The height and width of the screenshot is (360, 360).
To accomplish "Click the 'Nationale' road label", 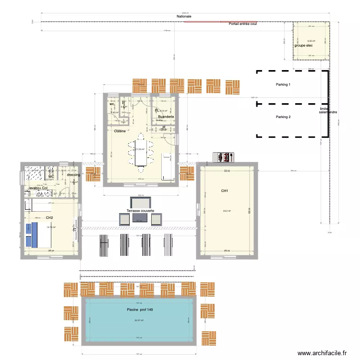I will [x=184, y=16].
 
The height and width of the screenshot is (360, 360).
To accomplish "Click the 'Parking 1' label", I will [x=283, y=84].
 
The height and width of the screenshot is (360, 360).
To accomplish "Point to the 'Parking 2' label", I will [x=283, y=117].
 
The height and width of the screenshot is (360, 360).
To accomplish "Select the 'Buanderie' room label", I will [x=166, y=117].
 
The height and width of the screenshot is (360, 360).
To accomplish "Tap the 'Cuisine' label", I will [x=120, y=131].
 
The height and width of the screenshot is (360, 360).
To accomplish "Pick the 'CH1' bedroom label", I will [x=224, y=191].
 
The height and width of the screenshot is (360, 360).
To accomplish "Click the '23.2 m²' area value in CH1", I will [x=227, y=211].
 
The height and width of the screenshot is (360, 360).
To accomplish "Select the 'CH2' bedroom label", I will [x=49, y=217].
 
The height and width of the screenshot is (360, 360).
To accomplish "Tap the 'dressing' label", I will [x=73, y=175].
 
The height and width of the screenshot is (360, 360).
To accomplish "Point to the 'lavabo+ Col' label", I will [x=38, y=188].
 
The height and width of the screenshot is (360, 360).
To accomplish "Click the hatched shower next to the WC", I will [x=34, y=173].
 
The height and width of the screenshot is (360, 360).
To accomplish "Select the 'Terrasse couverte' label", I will [x=141, y=211].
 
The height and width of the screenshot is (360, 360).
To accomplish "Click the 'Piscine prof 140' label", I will [x=140, y=309].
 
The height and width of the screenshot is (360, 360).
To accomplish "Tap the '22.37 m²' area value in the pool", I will [x=139, y=320].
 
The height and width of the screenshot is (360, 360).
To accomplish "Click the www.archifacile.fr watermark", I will [x=321, y=353].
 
